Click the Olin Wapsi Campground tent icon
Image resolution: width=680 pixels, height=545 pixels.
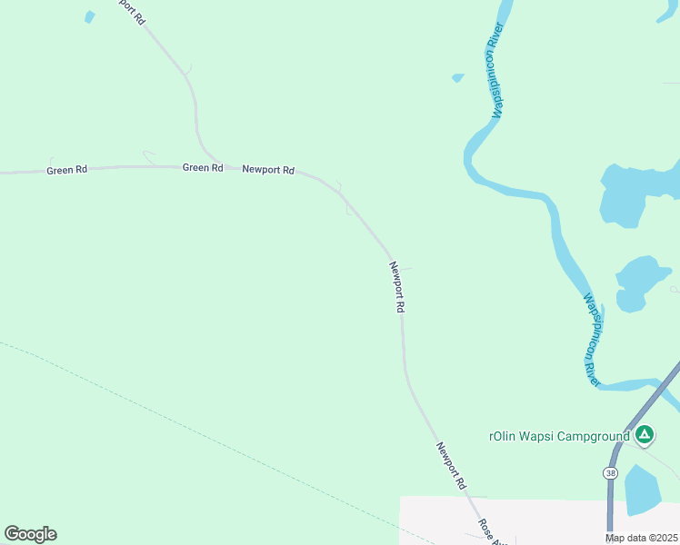tap(644, 436)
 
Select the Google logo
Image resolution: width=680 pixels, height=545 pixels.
tap(30, 534)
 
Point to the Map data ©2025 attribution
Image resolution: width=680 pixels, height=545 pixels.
tap(642, 538)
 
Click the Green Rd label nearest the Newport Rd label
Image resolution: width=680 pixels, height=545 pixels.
tap(203, 167)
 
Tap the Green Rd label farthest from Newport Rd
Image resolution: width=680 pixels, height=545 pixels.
tap(66, 170)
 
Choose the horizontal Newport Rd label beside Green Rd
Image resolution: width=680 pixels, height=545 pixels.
tap(268, 169)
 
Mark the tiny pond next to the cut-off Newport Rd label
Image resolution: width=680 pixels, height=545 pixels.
tap(89, 16)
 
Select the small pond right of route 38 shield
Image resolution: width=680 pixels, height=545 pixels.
tap(644, 490)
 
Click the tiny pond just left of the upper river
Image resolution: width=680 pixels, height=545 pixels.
tap(458, 78)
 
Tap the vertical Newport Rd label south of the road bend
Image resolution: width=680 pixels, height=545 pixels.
tap(396, 287)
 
